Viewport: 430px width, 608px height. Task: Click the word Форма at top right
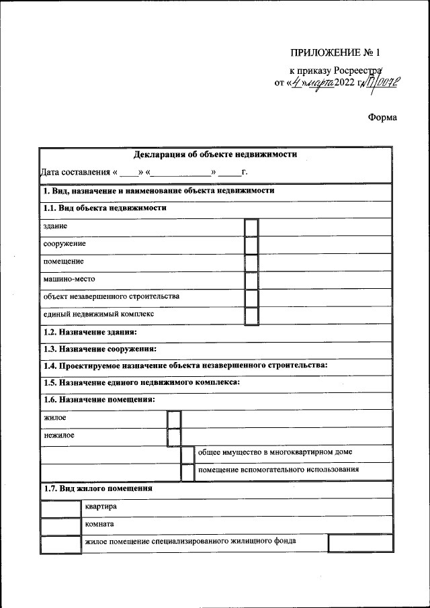click(382, 118)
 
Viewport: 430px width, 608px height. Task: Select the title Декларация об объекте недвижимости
click(215, 155)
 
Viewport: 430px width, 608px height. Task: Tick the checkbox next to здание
click(251, 228)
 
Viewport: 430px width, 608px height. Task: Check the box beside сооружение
click(251, 245)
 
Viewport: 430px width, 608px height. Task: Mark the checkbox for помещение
click(251, 263)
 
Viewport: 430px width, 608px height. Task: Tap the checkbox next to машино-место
click(251, 280)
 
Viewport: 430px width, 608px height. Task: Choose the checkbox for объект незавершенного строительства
click(251, 298)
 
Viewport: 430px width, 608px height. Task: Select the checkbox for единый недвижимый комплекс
click(251, 316)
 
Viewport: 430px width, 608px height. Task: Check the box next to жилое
click(174, 420)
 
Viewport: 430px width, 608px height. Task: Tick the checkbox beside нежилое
click(174, 437)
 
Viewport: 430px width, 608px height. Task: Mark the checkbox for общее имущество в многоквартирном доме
click(187, 454)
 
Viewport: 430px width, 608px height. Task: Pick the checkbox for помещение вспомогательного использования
click(187, 472)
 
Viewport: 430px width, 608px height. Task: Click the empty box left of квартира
click(60, 509)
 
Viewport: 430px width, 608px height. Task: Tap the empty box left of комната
click(60, 526)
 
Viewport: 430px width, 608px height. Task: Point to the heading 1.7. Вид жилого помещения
click(97, 489)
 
